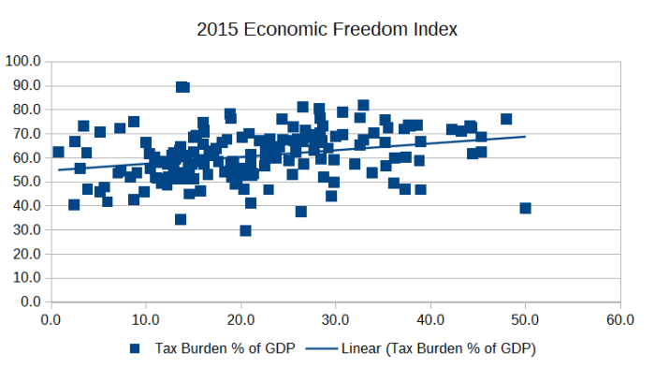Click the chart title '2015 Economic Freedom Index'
point(327,29)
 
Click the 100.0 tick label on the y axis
point(22,61)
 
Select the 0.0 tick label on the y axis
point(28,302)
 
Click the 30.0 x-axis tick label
point(336,320)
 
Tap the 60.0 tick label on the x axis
point(619,320)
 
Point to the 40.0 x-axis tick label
point(430,320)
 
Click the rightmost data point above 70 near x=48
point(506,119)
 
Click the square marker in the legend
point(135,348)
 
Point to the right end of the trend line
point(525,137)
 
